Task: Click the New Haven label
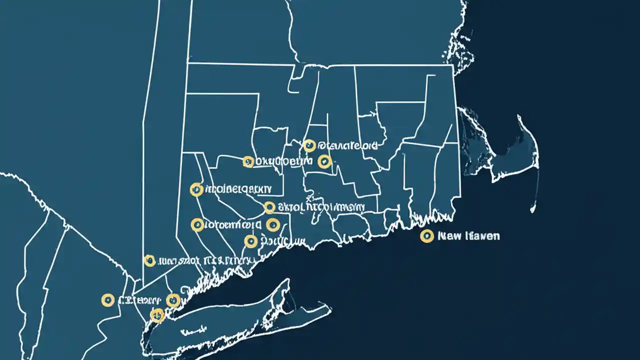tap(468, 236)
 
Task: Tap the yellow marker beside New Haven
tap(426, 236)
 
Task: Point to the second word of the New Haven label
tap(480, 236)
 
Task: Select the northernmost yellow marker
tap(309, 145)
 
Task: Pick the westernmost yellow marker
tap(107, 300)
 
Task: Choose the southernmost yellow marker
tap(157, 315)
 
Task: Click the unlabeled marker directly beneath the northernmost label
tap(324, 161)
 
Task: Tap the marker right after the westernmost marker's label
tap(172, 300)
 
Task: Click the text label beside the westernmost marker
tap(139, 300)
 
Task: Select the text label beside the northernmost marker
tap(348, 146)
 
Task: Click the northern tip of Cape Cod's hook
tap(520, 117)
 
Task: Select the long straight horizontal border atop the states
tap(320, 63)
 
